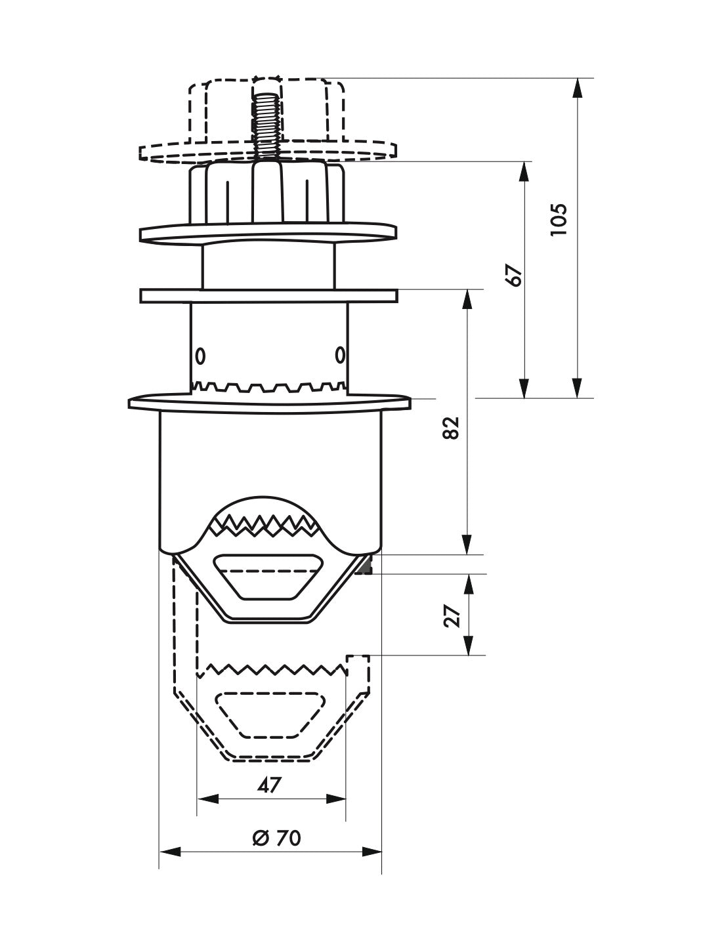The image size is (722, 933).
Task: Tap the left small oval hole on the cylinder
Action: coord(200,356)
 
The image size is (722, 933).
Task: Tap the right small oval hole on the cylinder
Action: coord(339,356)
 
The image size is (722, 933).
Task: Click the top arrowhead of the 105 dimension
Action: coord(577,88)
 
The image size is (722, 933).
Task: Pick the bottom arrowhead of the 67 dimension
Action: coord(524,388)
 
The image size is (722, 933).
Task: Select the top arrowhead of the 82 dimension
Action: coord(467,299)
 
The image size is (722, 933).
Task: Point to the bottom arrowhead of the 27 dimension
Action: coord(467,646)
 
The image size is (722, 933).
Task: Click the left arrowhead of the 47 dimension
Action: coord(207,798)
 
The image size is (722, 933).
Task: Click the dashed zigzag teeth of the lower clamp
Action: coord(276,670)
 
